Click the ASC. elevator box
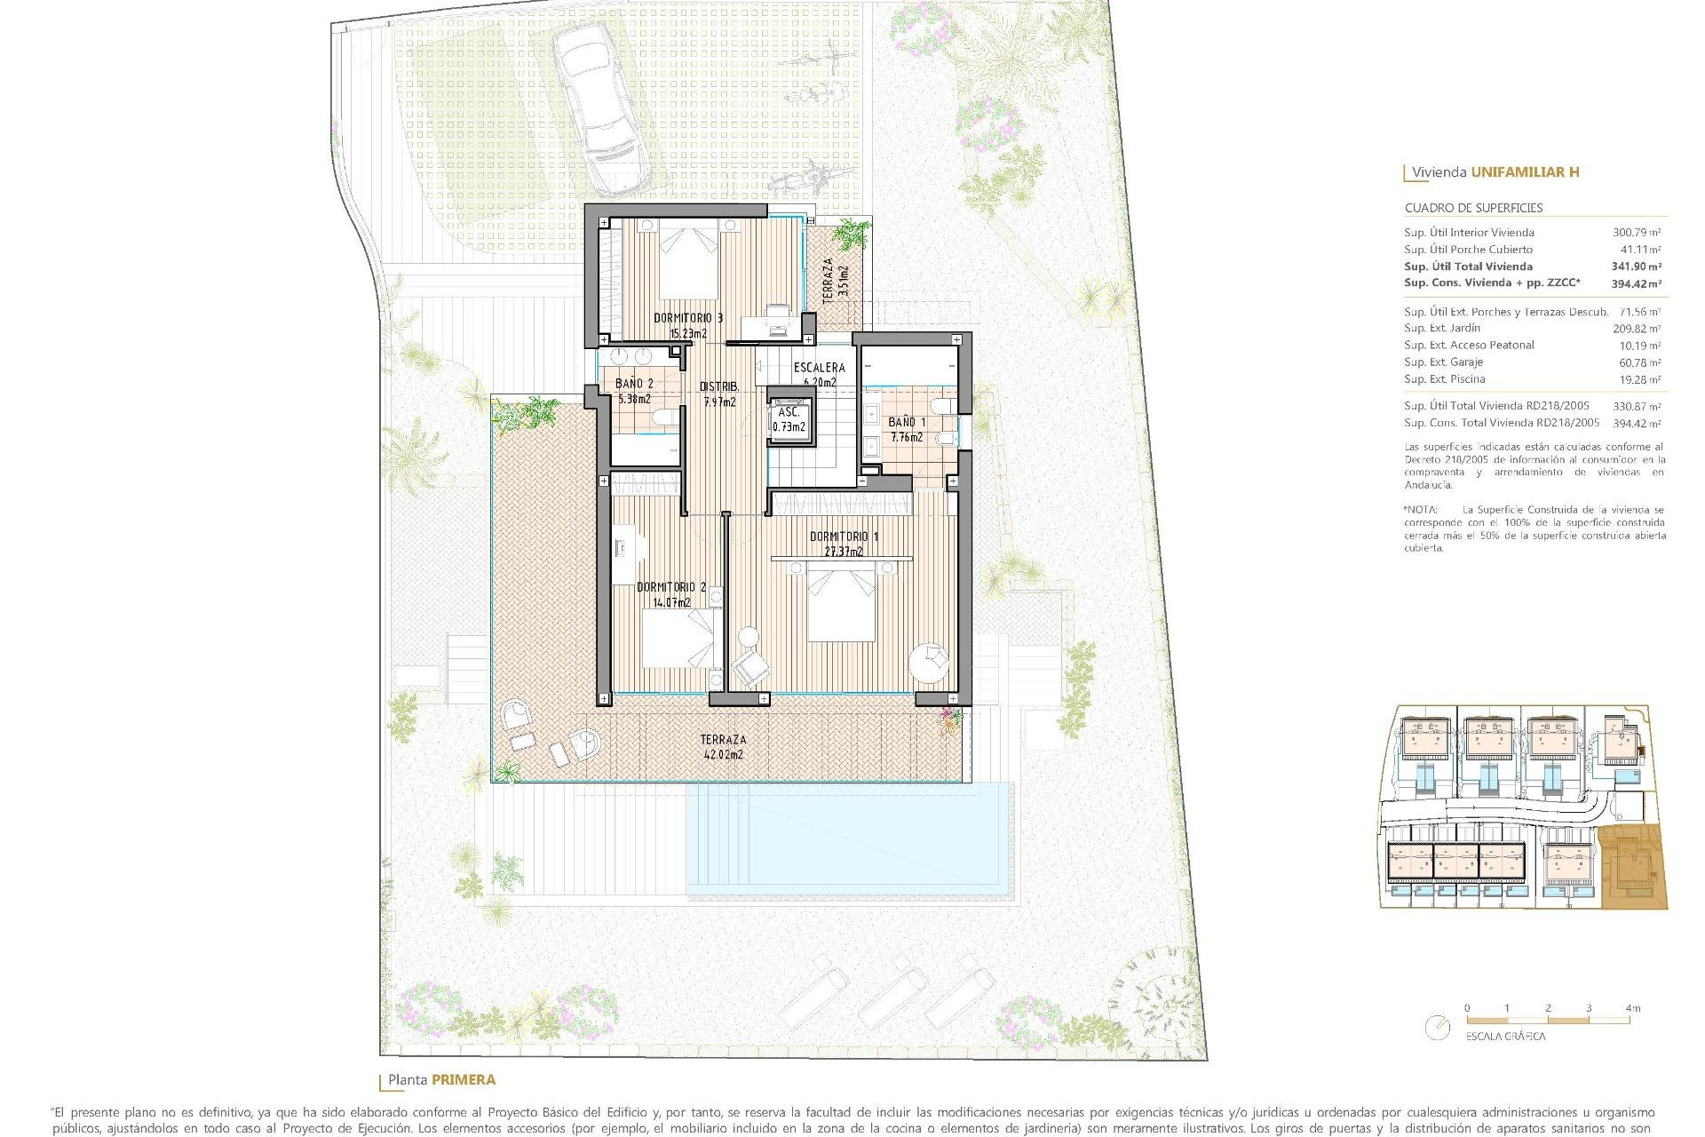pyautogui.click(x=789, y=419)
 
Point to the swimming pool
pyautogui.click(x=850, y=839)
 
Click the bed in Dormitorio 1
pyautogui.click(x=841, y=604)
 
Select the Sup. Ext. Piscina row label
pyautogui.click(x=1444, y=379)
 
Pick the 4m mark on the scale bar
pyautogui.click(x=1632, y=1008)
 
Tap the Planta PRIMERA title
pyautogui.click(x=441, y=1080)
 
